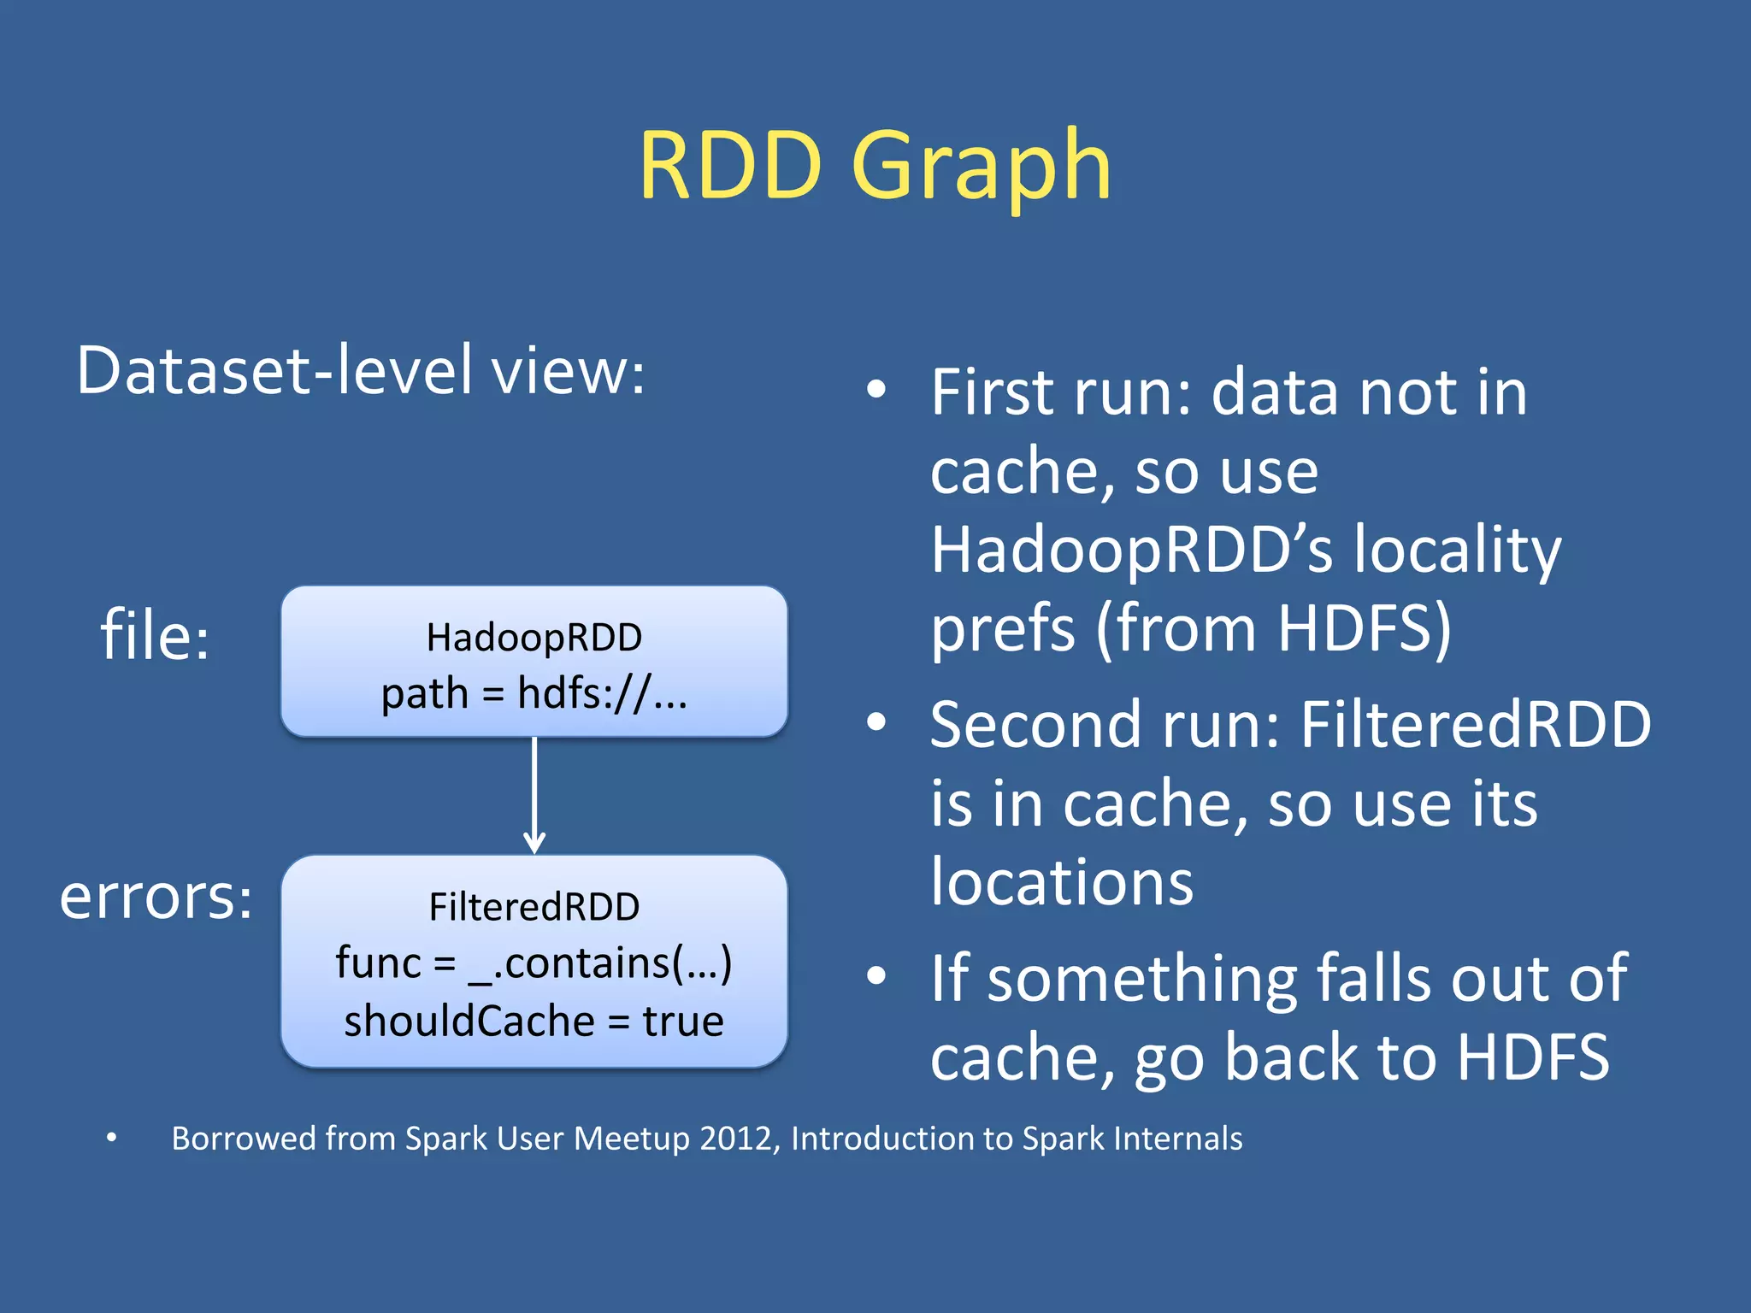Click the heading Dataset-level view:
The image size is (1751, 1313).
[x=360, y=370]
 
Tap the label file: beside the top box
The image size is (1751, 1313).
[x=155, y=635]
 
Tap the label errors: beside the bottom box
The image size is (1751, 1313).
[x=156, y=897]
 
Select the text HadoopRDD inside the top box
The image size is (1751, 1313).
[x=534, y=638]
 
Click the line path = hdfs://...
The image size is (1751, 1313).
[x=534, y=693]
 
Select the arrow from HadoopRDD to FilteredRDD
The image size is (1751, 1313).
[x=534, y=795]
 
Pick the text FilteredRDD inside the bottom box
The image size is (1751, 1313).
[x=534, y=907]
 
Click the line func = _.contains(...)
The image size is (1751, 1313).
[x=534, y=963]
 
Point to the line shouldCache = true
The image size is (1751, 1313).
[x=534, y=1021]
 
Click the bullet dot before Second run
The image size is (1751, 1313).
[x=876, y=723]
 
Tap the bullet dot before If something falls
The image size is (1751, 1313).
[x=876, y=975]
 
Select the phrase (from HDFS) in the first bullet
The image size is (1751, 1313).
[x=1274, y=628]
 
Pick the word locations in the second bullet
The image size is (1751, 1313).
[x=1061, y=882]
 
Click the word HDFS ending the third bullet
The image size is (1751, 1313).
[x=1533, y=1057]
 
